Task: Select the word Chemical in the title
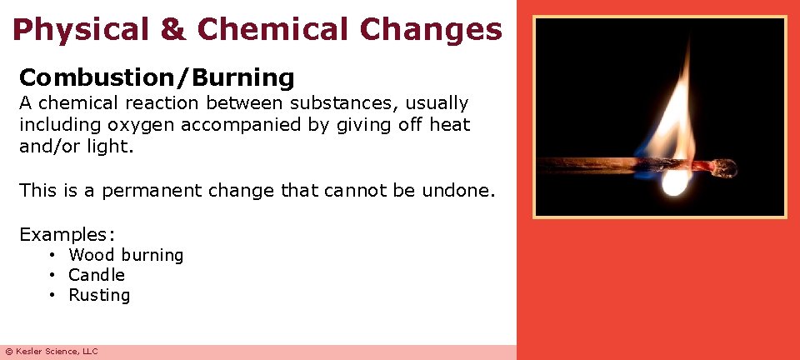pyautogui.click(x=274, y=30)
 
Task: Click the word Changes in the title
pyautogui.click(x=431, y=30)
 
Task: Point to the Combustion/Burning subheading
pyautogui.click(x=157, y=78)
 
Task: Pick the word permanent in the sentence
pyautogui.click(x=155, y=191)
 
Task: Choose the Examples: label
pyautogui.click(x=67, y=234)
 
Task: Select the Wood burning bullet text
pyautogui.click(x=126, y=255)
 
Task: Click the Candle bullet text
pyautogui.click(x=97, y=275)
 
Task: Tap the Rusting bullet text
pyautogui.click(x=99, y=295)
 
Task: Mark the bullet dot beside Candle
pyautogui.click(x=52, y=275)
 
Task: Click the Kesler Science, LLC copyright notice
pyautogui.click(x=51, y=352)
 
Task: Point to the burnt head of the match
pyautogui.click(x=724, y=168)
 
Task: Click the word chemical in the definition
pyautogui.click(x=87, y=104)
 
